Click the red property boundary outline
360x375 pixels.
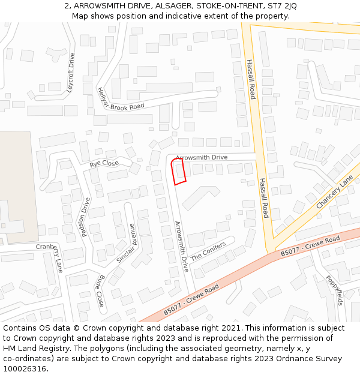point(178,171)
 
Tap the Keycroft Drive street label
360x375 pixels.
point(71,73)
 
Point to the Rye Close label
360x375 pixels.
point(104,163)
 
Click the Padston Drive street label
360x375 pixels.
point(85,217)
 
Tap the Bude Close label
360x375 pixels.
point(100,290)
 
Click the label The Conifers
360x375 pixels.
point(208,251)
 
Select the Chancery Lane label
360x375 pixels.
point(334,193)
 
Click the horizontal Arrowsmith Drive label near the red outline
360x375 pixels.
point(202,157)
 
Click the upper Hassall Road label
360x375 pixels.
point(251,79)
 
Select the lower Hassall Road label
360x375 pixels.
point(264,198)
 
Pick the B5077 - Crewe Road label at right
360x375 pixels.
point(310,247)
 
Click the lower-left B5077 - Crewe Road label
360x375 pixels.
point(191,301)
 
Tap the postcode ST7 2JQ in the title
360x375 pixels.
point(282,6)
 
